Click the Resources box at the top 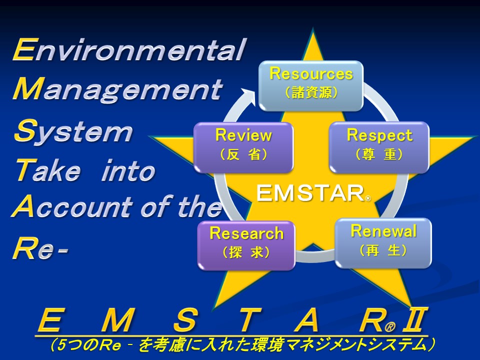click(311, 85)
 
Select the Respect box click(379, 147)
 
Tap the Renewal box click(383, 243)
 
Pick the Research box click(246, 245)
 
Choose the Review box click(243, 147)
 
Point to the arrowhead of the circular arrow click(249, 95)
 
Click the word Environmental click(129, 49)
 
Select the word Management click(117, 89)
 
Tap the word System click(73, 131)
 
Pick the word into click(128, 170)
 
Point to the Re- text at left click(40, 248)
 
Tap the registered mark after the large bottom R click(389, 327)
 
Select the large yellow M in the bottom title click(118, 320)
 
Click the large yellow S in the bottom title click(184, 320)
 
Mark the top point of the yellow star click(313, 28)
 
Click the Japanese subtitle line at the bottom click(242, 345)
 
